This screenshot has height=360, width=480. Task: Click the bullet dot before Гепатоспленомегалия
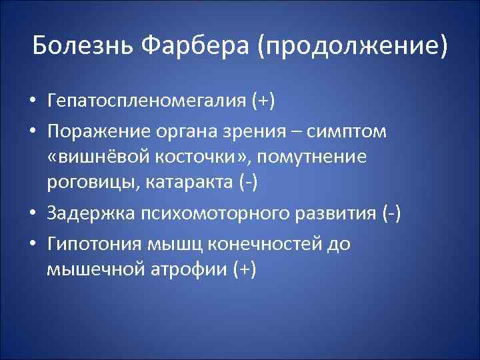click(33, 102)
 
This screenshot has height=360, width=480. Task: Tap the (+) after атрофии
click(243, 269)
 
